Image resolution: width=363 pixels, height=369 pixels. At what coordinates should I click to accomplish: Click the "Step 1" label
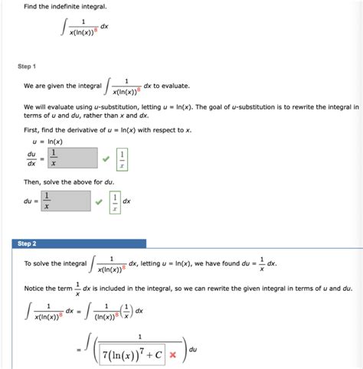pos(28,67)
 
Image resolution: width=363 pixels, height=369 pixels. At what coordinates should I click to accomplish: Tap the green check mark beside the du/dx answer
pos(105,159)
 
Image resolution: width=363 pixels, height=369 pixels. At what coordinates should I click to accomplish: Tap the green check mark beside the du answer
pos(98,202)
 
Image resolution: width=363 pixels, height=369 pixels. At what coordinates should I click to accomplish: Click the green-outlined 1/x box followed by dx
pos(115,202)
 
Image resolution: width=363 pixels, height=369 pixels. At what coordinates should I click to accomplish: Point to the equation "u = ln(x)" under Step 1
pos(44,142)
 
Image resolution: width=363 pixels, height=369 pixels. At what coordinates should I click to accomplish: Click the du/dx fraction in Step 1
pos(31,159)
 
